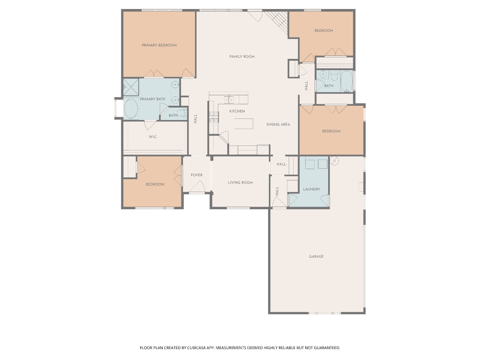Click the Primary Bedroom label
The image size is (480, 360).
[159, 45]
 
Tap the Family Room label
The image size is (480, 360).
[242, 57]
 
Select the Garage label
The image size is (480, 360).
[316, 256]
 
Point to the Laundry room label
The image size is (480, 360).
[312, 189]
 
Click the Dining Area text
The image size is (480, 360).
[278, 124]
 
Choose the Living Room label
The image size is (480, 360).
[240, 183]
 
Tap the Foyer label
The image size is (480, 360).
[196, 175]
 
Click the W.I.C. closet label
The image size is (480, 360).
[153, 137]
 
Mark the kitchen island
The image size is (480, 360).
[244, 124]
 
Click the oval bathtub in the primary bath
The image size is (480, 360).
[131, 109]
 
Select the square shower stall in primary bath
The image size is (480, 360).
[131, 87]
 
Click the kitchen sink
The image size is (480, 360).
[229, 100]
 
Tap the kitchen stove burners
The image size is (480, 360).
[214, 117]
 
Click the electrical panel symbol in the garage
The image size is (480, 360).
[334, 161]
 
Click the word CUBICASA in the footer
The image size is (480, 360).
[196, 348]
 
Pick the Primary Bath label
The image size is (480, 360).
[152, 99]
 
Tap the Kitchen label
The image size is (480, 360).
[237, 111]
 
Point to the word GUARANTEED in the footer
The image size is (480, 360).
[327, 348]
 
